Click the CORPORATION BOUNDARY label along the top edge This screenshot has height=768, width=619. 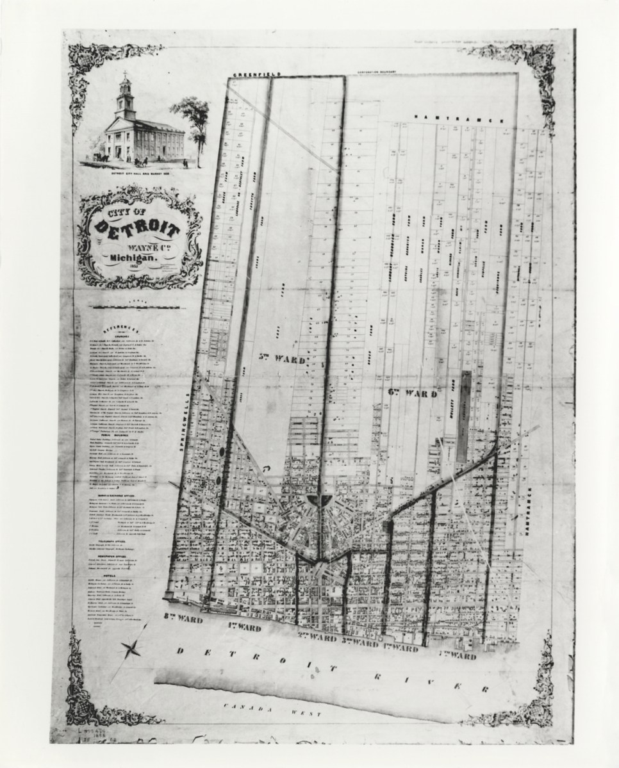pos(383,73)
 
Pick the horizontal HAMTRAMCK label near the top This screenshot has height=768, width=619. pos(461,119)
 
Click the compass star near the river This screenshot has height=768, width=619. pos(133,650)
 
